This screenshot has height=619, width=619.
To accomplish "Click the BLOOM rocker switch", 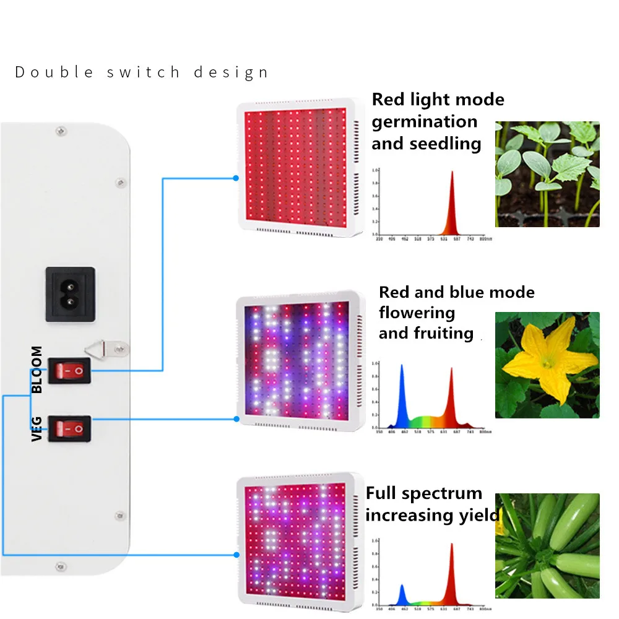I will pyautogui.click(x=69, y=370).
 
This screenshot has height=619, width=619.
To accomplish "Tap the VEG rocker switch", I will pyautogui.click(x=69, y=428).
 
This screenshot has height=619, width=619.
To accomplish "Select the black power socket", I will pyautogui.click(x=70, y=294).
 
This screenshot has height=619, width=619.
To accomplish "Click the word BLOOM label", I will pyautogui.click(x=37, y=370).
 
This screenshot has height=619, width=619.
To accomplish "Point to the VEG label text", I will pyautogui.click(x=37, y=428).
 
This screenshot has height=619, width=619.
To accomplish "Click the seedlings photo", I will pyautogui.click(x=547, y=174).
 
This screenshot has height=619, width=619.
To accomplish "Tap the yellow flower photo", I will pyautogui.click(x=547, y=365).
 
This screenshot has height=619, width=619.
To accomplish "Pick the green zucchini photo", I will pyautogui.click(x=547, y=546).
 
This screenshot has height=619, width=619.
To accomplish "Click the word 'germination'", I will pyautogui.click(x=425, y=122).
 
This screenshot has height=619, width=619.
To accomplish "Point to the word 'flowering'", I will pyautogui.click(x=417, y=313).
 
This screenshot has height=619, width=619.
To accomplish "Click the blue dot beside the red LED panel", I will pyautogui.click(x=236, y=178).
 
